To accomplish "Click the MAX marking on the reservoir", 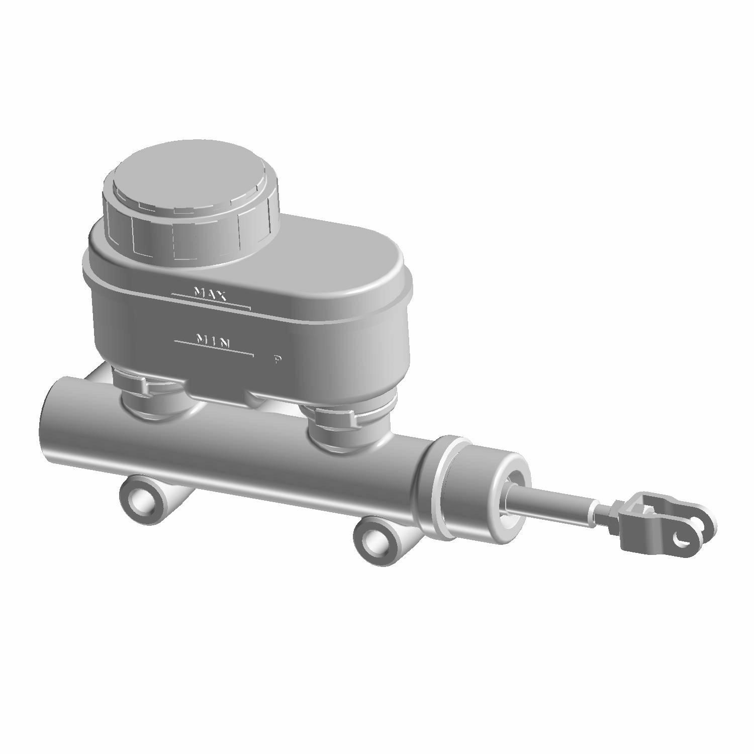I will coord(210,294).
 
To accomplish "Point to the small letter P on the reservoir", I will coord(277,359).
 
